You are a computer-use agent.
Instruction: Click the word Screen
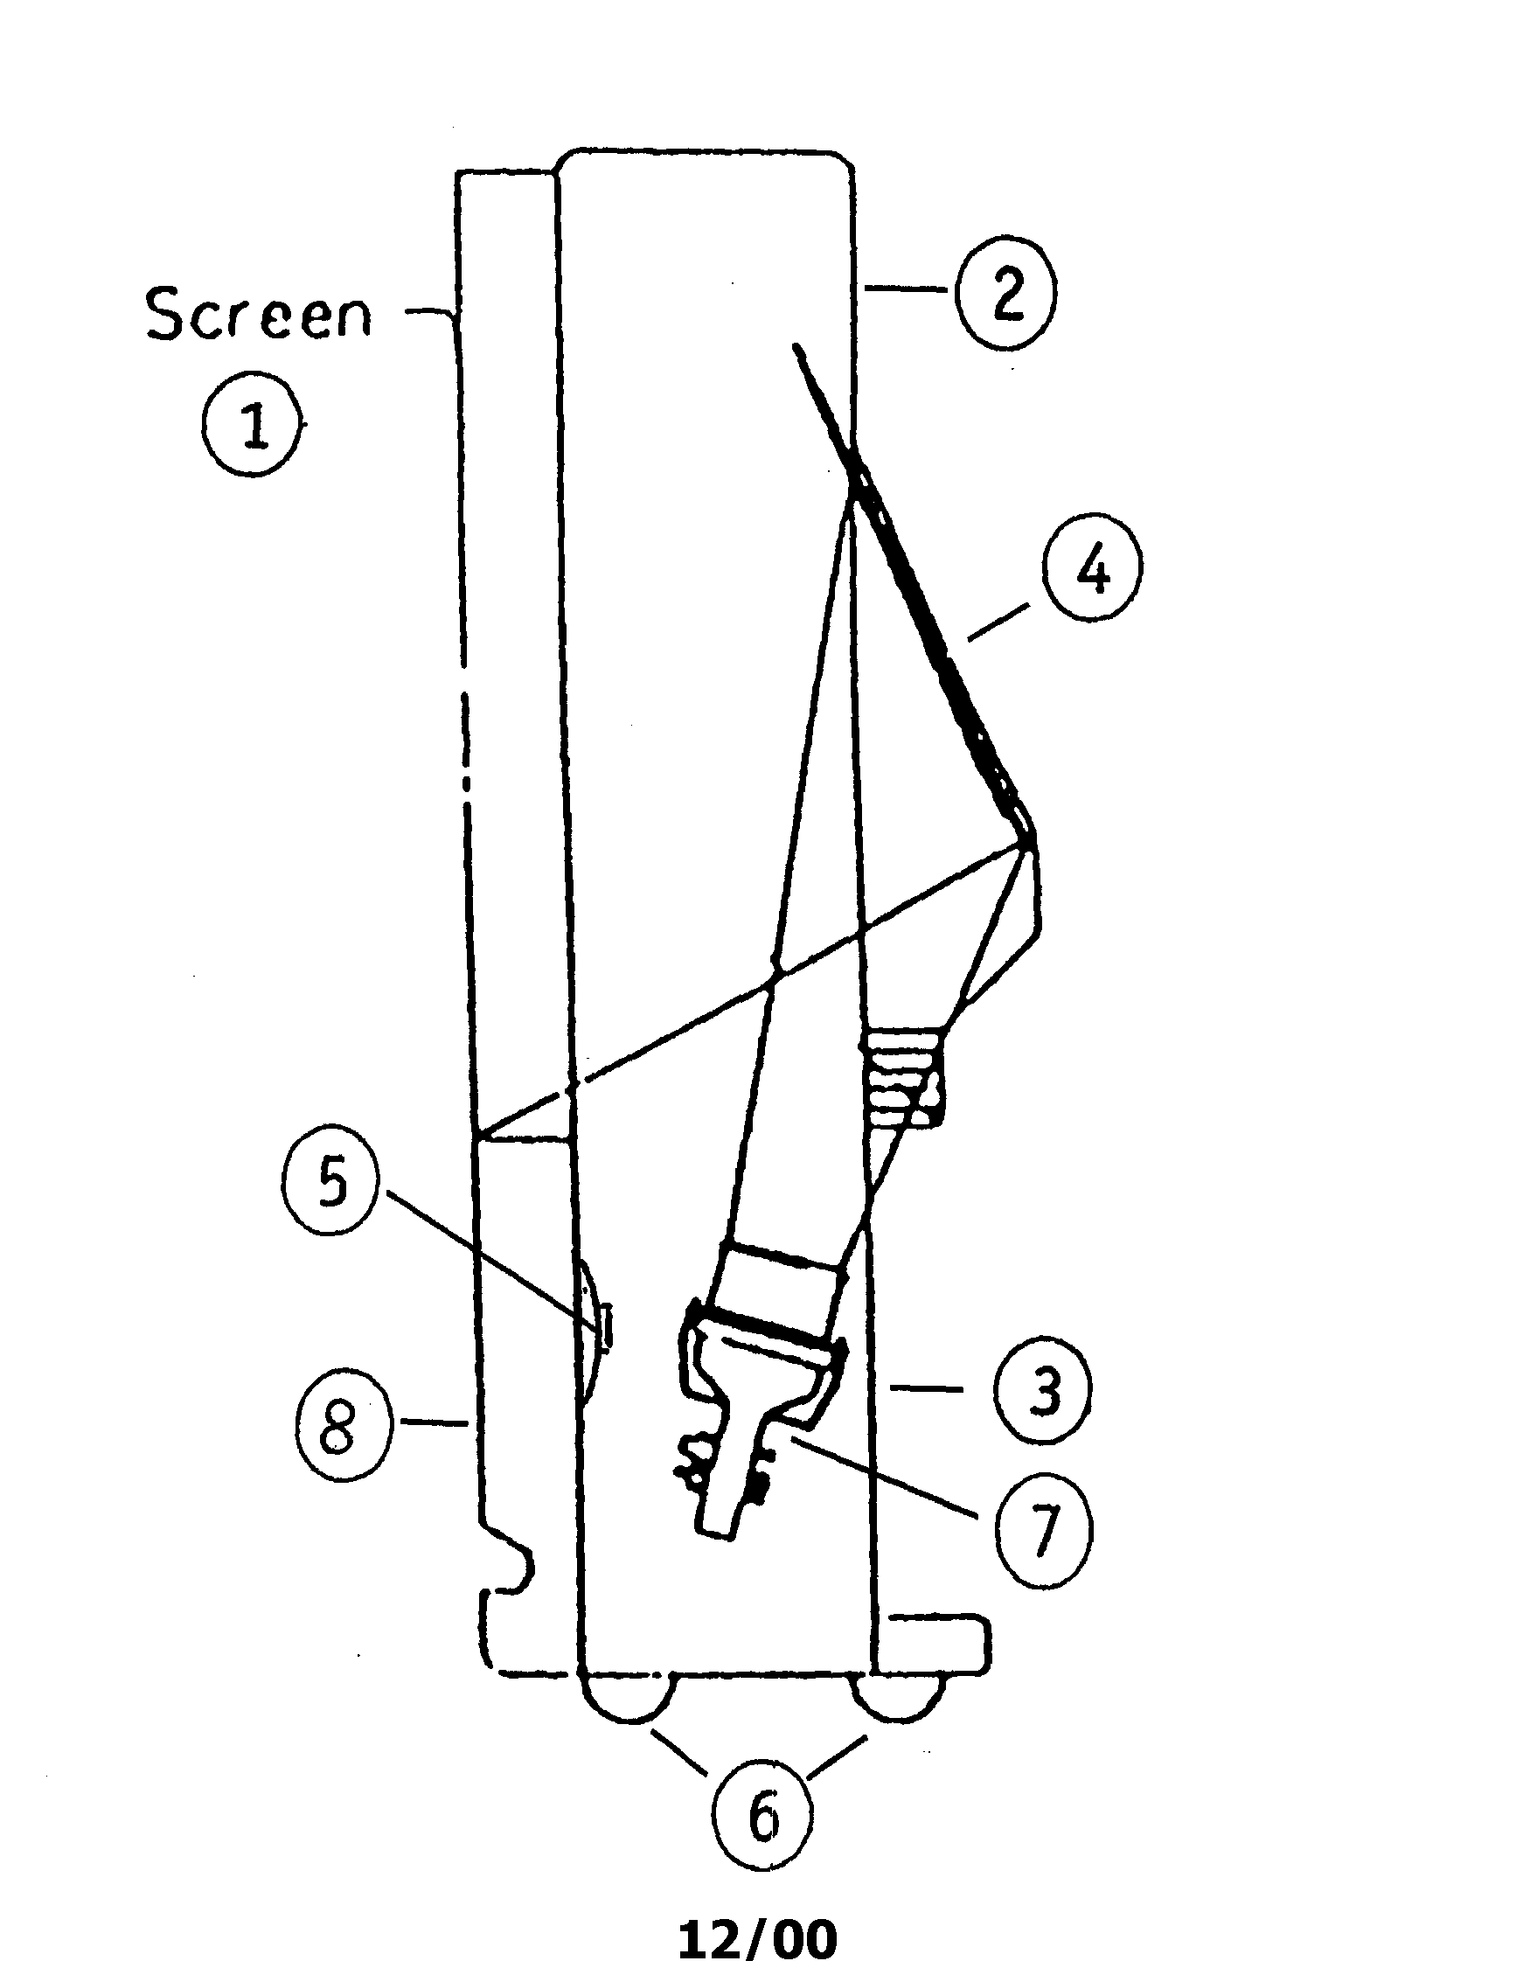[259, 314]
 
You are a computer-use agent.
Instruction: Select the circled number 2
[1006, 292]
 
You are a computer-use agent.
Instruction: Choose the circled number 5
[332, 1185]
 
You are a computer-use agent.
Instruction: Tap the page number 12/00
[757, 1937]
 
